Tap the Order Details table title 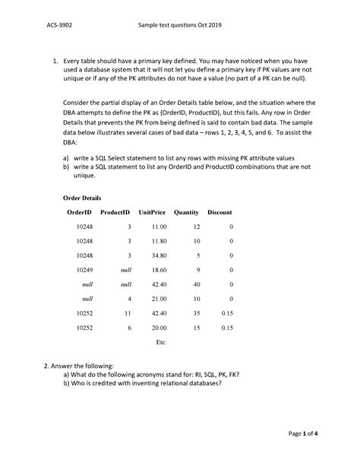(x=84, y=197)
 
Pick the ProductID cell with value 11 (x=128, y=312)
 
